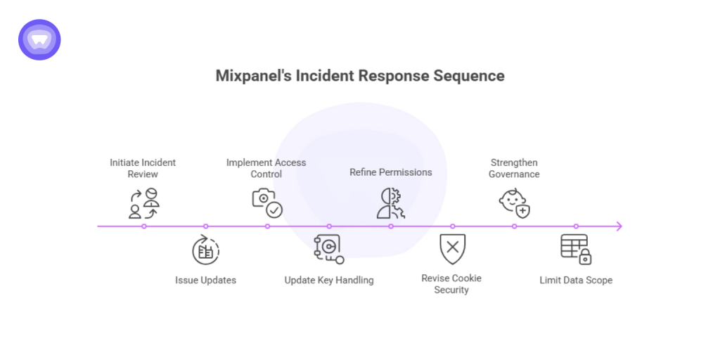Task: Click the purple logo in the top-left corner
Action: pos(39,39)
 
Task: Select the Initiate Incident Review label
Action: pos(143,168)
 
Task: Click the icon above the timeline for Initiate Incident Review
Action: pos(143,203)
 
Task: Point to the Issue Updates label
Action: pos(205,280)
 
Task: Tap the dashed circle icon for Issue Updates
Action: pos(205,250)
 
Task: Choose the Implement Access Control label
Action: pos(266,168)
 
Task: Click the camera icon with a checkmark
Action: pos(266,202)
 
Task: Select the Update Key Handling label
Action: pos(329,280)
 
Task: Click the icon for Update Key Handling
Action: pos(328,249)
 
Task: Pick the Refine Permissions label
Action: pos(391,172)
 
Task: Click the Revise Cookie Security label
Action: pos(451,284)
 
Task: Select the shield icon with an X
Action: pos(452,249)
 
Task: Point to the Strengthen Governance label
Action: pos(514,168)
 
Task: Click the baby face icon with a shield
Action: pos(514,202)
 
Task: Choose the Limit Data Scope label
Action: pos(576,280)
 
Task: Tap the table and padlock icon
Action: pos(576,249)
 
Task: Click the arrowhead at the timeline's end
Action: pos(619,226)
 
